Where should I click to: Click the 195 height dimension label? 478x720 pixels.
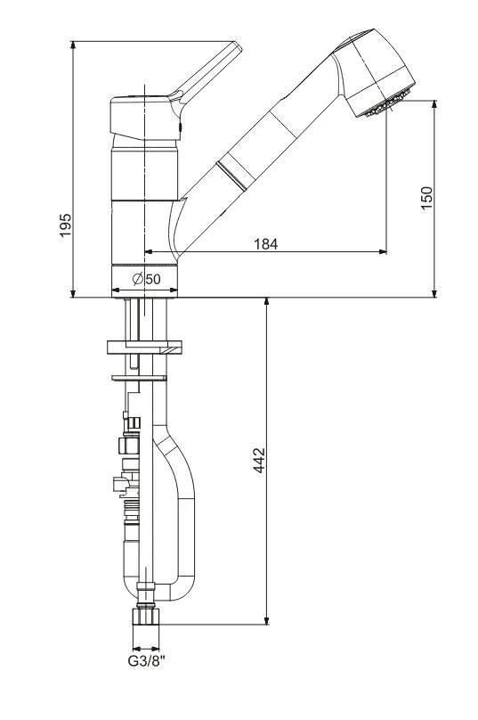[x=66, y=225]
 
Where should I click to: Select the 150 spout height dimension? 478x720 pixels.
[x=426, y=198]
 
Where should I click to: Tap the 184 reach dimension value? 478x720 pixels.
[x=266, y=244]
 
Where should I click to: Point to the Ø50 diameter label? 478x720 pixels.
[x=147, y=279]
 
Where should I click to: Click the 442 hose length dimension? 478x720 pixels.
[x=260, y=460]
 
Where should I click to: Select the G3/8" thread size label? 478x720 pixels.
[x=146, y=662]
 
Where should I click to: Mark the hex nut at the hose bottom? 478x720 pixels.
[x=145, y=616]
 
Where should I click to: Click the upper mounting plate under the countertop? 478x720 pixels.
[x=144, y=348]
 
